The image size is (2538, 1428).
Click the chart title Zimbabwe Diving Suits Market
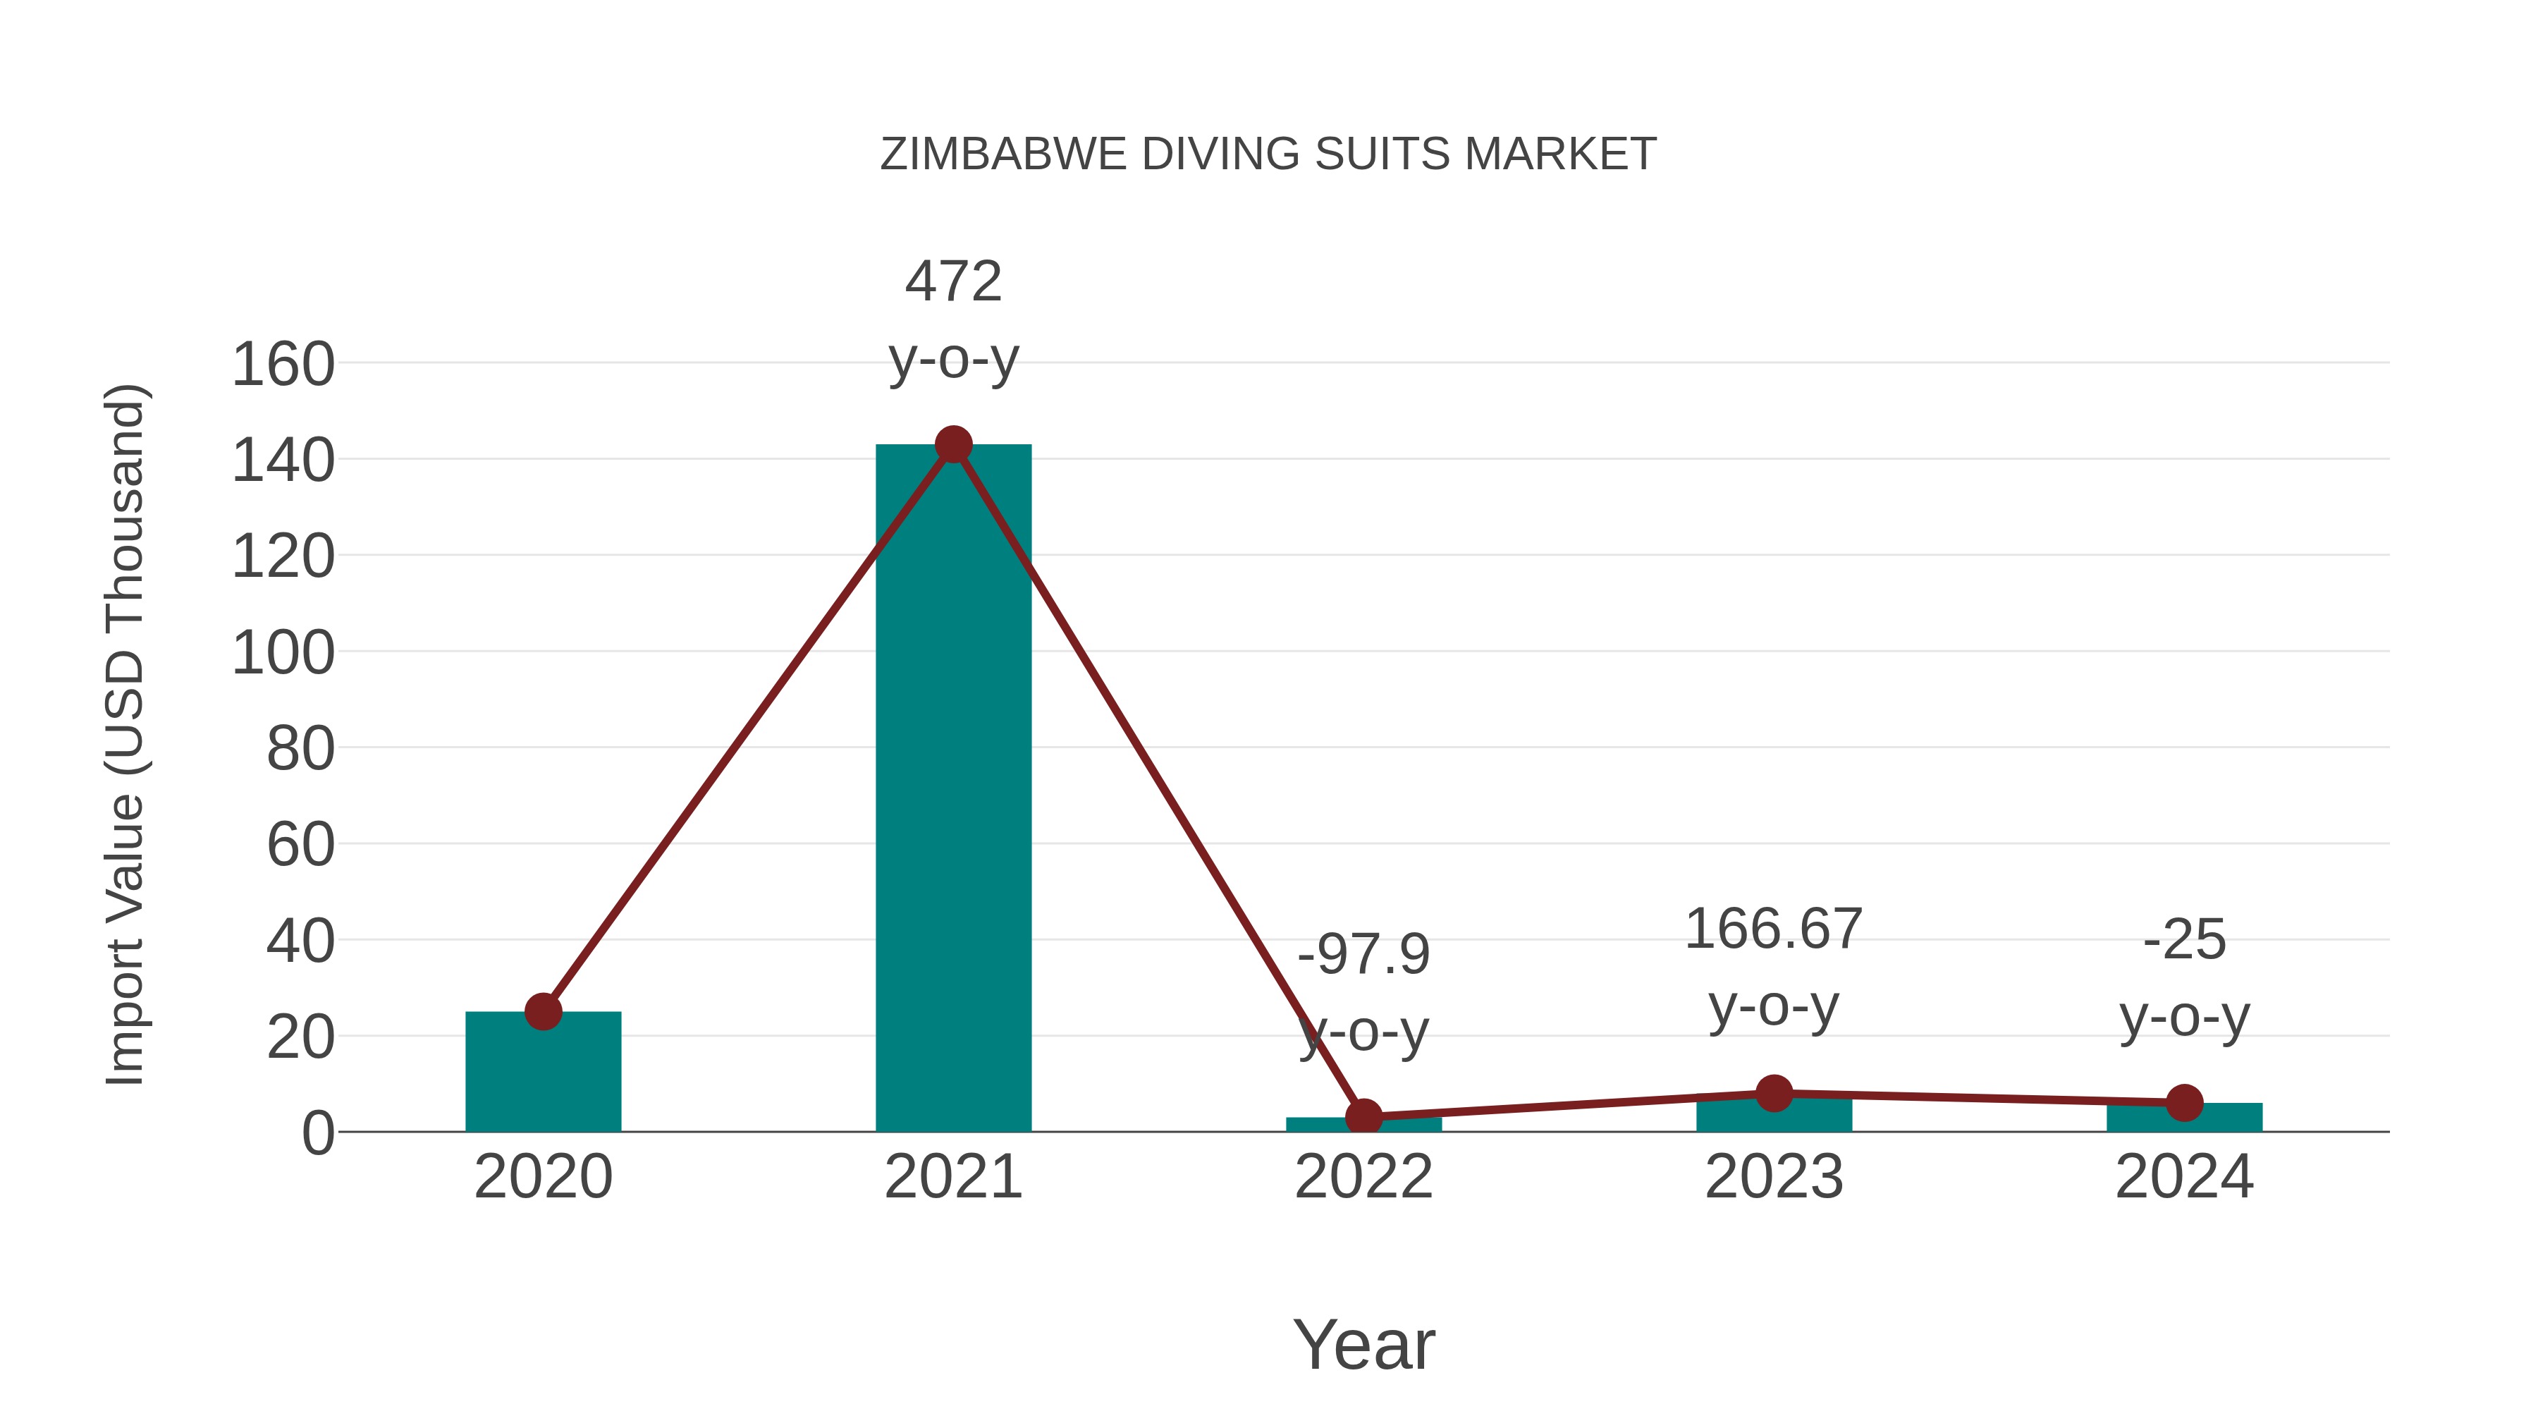(x=1268, y=154)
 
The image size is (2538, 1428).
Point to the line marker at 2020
(x=543, y=1011)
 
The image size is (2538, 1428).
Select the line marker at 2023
(x=1774, y=1093)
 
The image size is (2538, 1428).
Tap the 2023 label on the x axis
(x=1774, y=1177)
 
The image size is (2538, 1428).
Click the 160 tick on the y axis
(x=283, y=365)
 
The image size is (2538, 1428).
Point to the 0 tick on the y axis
(x=318, y=1133)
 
